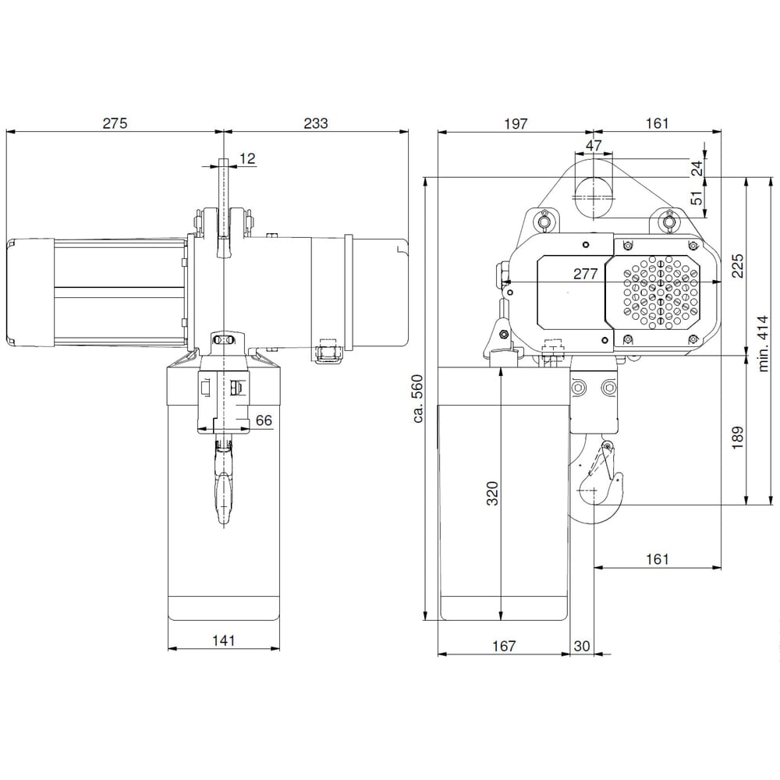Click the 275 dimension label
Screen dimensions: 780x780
114,122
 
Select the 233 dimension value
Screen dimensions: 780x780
316,122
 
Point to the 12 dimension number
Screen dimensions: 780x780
246,158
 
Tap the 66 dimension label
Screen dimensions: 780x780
264,420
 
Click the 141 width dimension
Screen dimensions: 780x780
223,640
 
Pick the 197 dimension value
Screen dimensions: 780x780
515,122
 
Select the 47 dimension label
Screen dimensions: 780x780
594,146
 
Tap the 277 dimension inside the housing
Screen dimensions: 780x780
584,274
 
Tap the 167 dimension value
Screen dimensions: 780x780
504,646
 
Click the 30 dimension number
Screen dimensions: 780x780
582,646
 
